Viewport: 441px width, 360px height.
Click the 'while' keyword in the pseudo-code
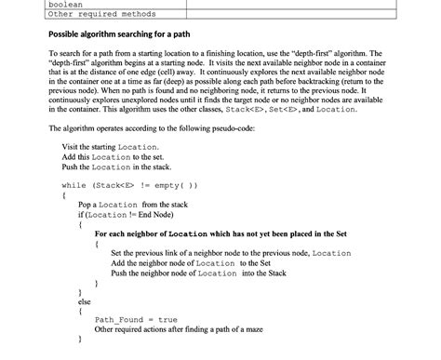tap(73, 184)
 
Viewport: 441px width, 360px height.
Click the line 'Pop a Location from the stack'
tap(133, 204)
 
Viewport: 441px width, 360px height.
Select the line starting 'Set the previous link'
tap(230, 253)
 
